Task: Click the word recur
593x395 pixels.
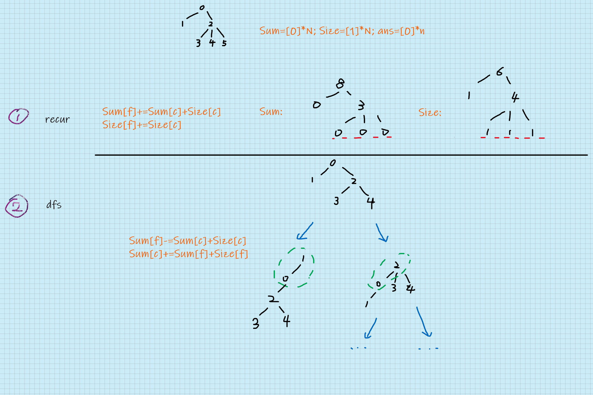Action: (x=57, y=119)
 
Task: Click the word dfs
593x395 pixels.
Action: (x=54, y=204)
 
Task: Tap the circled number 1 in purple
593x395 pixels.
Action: (x=19, y=116)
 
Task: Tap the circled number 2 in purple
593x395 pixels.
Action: (x=17, y=206)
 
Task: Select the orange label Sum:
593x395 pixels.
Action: (x=271, y=112)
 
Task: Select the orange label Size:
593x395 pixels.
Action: (x=430, y=112)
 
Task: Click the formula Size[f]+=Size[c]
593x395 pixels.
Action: (x=142, y=125)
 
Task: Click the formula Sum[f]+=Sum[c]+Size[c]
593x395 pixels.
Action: (x=161, y=112)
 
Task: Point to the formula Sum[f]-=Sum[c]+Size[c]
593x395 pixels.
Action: (x=187, y=241)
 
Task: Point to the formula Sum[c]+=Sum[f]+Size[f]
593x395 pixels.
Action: (x=188, y=254)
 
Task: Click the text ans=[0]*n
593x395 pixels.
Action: (x=401, y=31)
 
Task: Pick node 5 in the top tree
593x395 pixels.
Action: (x=224, y=43)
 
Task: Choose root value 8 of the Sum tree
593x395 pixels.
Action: (x=340, y=84)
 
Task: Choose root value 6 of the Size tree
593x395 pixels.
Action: (x=500, y=72)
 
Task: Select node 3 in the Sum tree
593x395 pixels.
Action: (x=361, y=105)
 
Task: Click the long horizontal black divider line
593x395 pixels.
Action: (x=341, y=155)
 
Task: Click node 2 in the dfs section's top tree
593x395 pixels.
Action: (x=354, y=181)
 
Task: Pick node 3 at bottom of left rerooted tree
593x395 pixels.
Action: (x=256, y=323)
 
